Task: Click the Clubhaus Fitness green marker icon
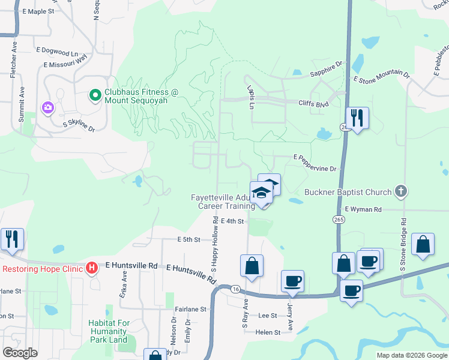(x=95, y=95)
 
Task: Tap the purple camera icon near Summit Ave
(x=47, y=108)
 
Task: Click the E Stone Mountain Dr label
(x=381, y=77)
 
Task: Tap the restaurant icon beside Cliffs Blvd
(x=357, y=118)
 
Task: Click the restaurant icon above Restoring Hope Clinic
(x=12, y=239)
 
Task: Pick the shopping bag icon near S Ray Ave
(x=252, y=266)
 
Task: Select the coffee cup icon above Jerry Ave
(x=292, y=281)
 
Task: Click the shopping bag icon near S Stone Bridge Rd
(x=423, y=244)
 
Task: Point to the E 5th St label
(x=188, y=239)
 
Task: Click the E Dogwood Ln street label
(x=57, y=52)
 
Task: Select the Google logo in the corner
(x=20, y=352)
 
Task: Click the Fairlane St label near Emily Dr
(x=190, y=310)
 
